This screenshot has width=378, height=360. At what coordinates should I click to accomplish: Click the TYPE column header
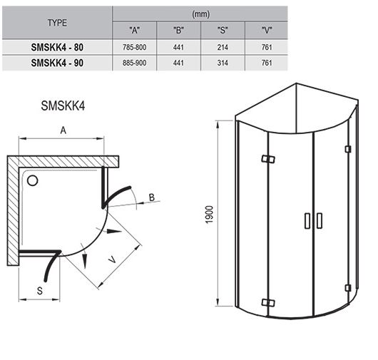click(57, 23)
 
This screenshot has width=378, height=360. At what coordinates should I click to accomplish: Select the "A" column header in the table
click(134, 31)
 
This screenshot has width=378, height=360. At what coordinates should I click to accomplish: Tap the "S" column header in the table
click(223, 31)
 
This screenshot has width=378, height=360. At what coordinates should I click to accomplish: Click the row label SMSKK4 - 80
click(57, 47)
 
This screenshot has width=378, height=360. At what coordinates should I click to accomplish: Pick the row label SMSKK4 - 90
click(57, 63)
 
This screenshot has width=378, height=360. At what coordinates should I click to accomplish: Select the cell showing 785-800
click(134, 47)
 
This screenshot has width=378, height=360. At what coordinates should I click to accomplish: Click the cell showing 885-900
click(134, 63)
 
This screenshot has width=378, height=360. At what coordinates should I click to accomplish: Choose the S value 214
click(223, 47)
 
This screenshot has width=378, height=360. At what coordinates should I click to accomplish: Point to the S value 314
click(223, 63)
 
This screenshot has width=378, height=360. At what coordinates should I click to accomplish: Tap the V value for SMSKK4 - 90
click(267, 63)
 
